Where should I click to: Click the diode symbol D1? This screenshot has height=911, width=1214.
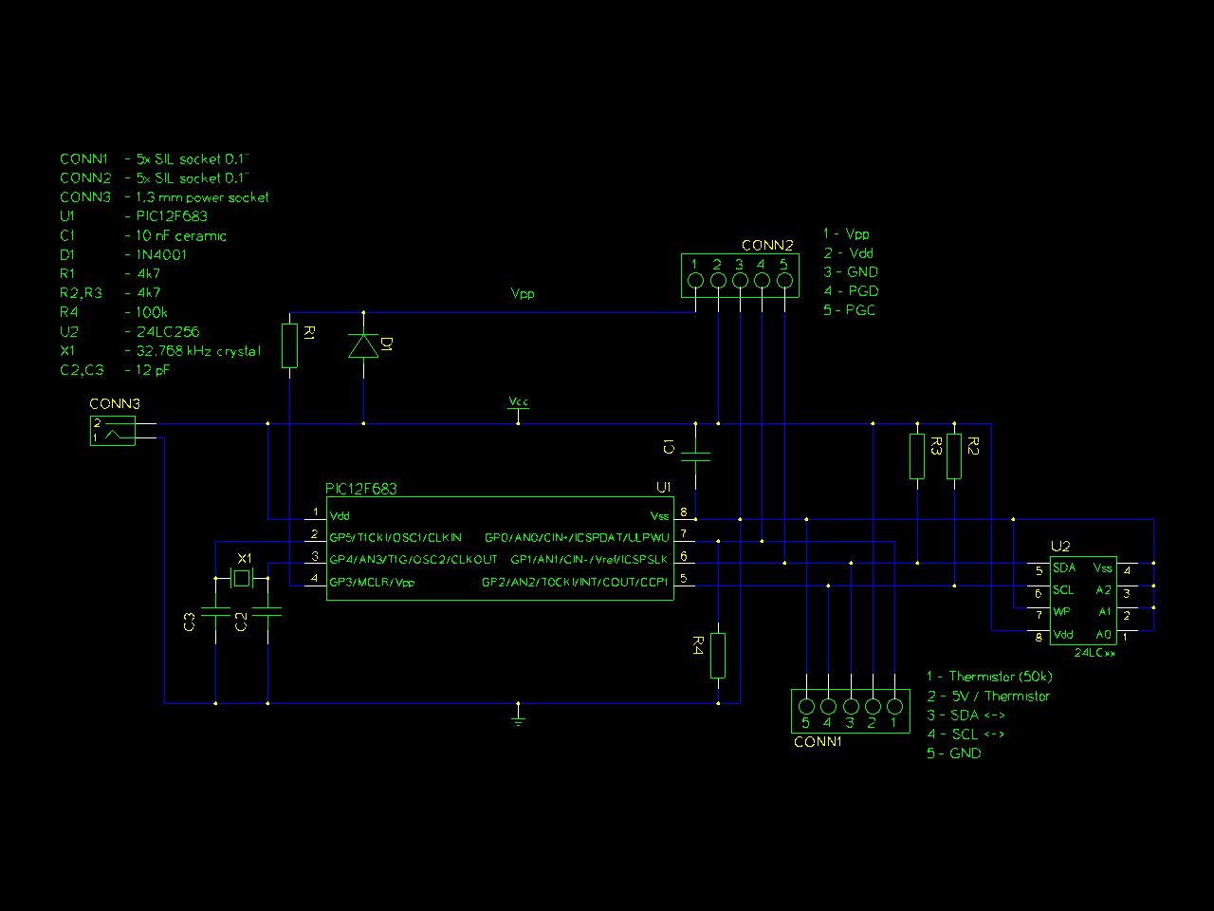[363, 345]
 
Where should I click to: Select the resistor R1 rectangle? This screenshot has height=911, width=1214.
[290, 345]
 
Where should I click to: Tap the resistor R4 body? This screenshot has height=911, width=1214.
[718, 656]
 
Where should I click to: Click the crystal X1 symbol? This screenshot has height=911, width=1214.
[242, 579]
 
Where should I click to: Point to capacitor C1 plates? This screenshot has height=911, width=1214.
[695, 456]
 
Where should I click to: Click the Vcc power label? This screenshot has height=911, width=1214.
[518, 401]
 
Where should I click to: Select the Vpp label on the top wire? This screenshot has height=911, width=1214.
[523, 294]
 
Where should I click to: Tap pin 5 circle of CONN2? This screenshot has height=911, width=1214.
[784, 281]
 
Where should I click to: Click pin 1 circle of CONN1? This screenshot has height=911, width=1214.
[894, 706]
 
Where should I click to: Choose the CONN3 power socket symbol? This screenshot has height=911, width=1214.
[113, 431]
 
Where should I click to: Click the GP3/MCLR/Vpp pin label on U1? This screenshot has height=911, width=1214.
[372, 583]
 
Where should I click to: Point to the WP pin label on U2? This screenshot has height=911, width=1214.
[1061, 612]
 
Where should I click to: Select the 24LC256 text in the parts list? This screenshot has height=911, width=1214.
[168, 332]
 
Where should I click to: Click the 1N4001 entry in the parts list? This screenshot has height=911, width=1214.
[161, 255]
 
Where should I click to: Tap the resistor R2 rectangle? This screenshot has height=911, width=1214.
[954, 456]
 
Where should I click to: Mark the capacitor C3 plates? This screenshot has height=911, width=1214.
[215, 611]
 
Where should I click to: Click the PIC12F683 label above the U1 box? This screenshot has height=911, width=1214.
[360, 489]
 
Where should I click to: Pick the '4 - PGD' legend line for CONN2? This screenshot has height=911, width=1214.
[851, 291]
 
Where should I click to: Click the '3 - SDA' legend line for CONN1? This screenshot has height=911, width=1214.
[966, 716]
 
